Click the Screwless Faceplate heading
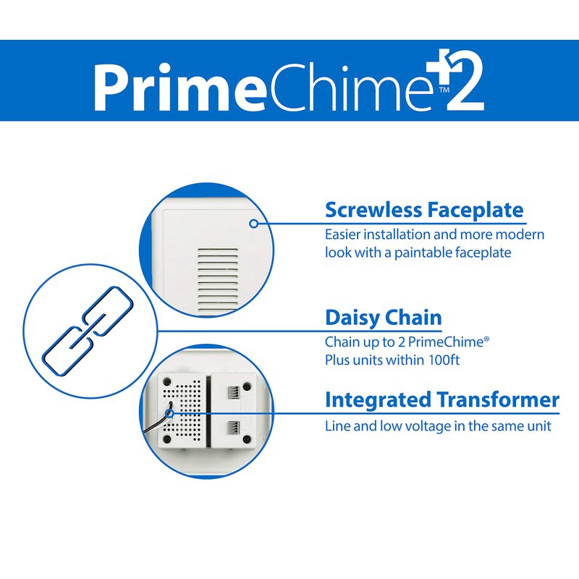tap(424, 210)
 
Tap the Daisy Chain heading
tap(384, 318)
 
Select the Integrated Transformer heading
tap(442, 400)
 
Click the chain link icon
tap(88, 331)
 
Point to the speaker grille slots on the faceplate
tap(218, 280)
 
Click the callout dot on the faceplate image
tap(254, 224)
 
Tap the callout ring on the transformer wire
tap(169, 413)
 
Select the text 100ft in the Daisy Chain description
tap(444, 360)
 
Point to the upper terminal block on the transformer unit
tap(233, 392)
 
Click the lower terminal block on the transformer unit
tap(233, 428)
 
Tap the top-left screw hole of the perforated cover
tap(167, 381)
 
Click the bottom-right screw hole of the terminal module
tap(247, 439)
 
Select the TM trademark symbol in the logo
tap(444, 90)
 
